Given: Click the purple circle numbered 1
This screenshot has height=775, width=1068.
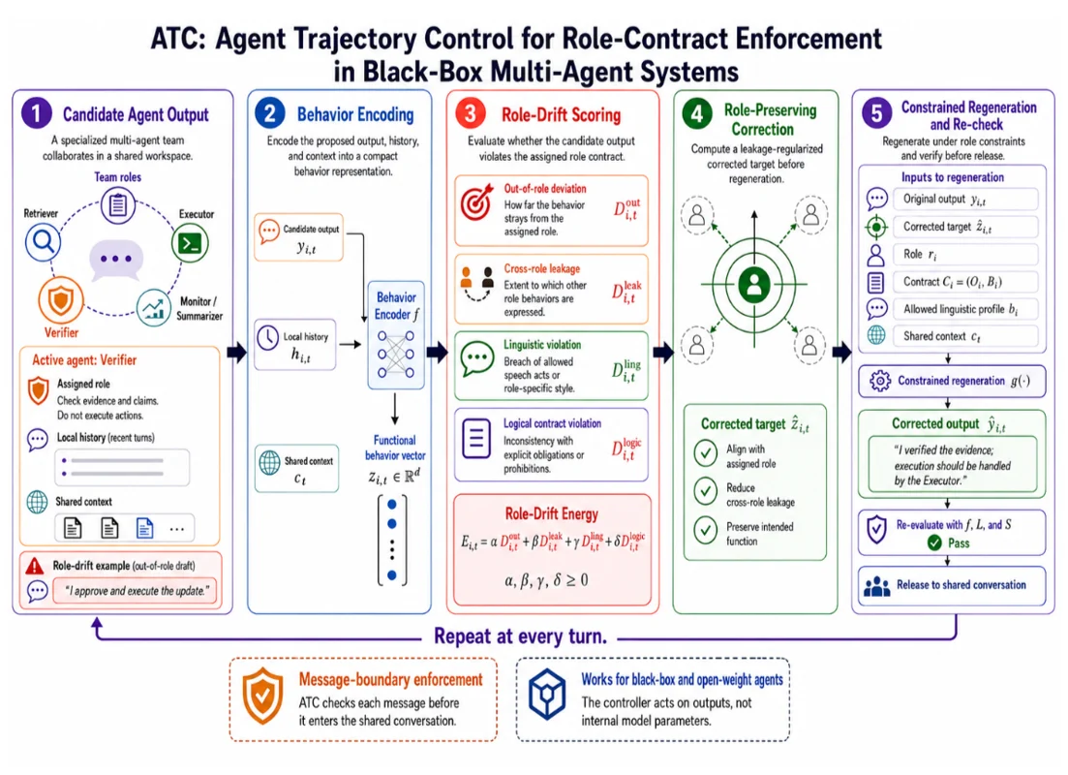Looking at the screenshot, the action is coord(37,113).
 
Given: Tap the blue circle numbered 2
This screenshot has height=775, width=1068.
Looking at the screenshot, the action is coord(270,113).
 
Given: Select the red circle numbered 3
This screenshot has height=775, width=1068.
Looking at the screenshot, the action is coord(470,113).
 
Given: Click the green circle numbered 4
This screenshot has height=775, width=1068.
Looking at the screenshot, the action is coord(697,114).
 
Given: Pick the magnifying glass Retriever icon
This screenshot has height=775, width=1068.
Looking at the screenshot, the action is coord(43,241).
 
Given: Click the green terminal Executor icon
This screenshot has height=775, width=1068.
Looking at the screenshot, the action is coord(190,243).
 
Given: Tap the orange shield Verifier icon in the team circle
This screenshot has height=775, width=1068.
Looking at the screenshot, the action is coord(61,300).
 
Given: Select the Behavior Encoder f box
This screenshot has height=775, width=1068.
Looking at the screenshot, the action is coord(396,334).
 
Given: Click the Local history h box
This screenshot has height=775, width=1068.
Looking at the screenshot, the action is coord(295,344).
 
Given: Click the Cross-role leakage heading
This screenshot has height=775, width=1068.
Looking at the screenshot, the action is coord(542,268).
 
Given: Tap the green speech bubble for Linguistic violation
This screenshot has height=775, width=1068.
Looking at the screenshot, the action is coord(477,358).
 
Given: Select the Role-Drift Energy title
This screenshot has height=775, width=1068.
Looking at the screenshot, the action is coord(552,513).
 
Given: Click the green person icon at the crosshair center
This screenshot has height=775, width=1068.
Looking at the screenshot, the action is coord(754,284).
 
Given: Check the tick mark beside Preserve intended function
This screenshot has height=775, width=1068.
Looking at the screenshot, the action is coord(706,530).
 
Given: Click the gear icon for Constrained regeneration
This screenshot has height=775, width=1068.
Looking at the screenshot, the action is coord(880,381).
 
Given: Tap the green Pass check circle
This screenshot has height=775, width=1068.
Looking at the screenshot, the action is coord(934,542).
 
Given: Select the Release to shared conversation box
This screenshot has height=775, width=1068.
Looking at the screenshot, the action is coord(952,585).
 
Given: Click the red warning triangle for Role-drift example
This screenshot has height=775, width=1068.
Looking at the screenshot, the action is coord(35,565).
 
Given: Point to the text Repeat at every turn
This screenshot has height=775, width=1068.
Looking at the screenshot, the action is coord(520,635).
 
